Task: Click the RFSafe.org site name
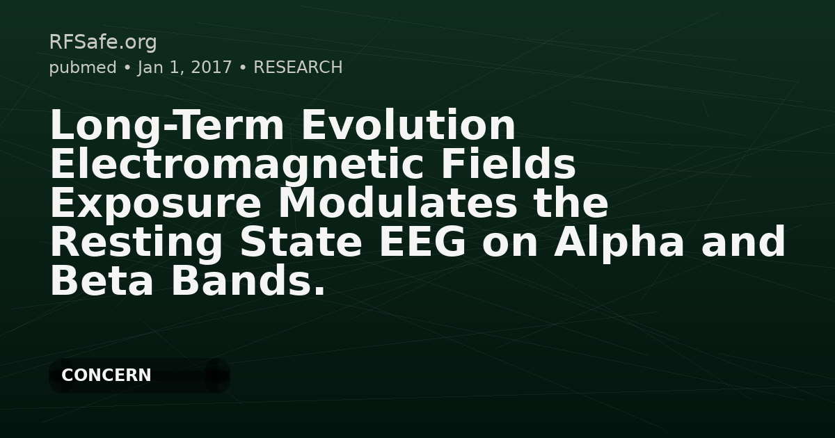(103, 42)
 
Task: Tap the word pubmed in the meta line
(83, 67)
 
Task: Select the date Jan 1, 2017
(184, 67)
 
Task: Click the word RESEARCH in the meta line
(298, 67)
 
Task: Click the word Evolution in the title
(409, 126)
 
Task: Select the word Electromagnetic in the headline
(226, 165)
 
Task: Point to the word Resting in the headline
(136, 243)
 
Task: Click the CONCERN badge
(106, 375)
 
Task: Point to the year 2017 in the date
(212, 67)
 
